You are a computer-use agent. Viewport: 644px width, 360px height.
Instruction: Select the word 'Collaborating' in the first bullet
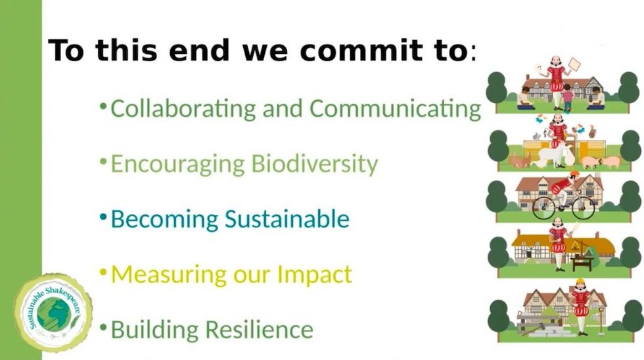(183, 108)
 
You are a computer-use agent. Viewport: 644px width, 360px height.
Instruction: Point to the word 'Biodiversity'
(315, 164)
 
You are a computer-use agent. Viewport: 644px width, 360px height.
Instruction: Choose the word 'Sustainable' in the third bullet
(287, 219)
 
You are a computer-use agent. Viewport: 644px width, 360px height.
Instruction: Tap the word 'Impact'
(313, 274)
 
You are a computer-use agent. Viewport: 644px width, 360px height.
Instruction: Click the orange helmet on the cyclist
(574, 175)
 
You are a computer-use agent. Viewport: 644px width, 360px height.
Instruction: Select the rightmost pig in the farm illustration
(611, 162)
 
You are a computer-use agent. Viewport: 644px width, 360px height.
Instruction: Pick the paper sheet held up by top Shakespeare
(574, 64)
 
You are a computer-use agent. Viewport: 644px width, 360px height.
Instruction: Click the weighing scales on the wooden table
(584, 250)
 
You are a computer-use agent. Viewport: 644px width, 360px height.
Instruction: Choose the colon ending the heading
(472, 53)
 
